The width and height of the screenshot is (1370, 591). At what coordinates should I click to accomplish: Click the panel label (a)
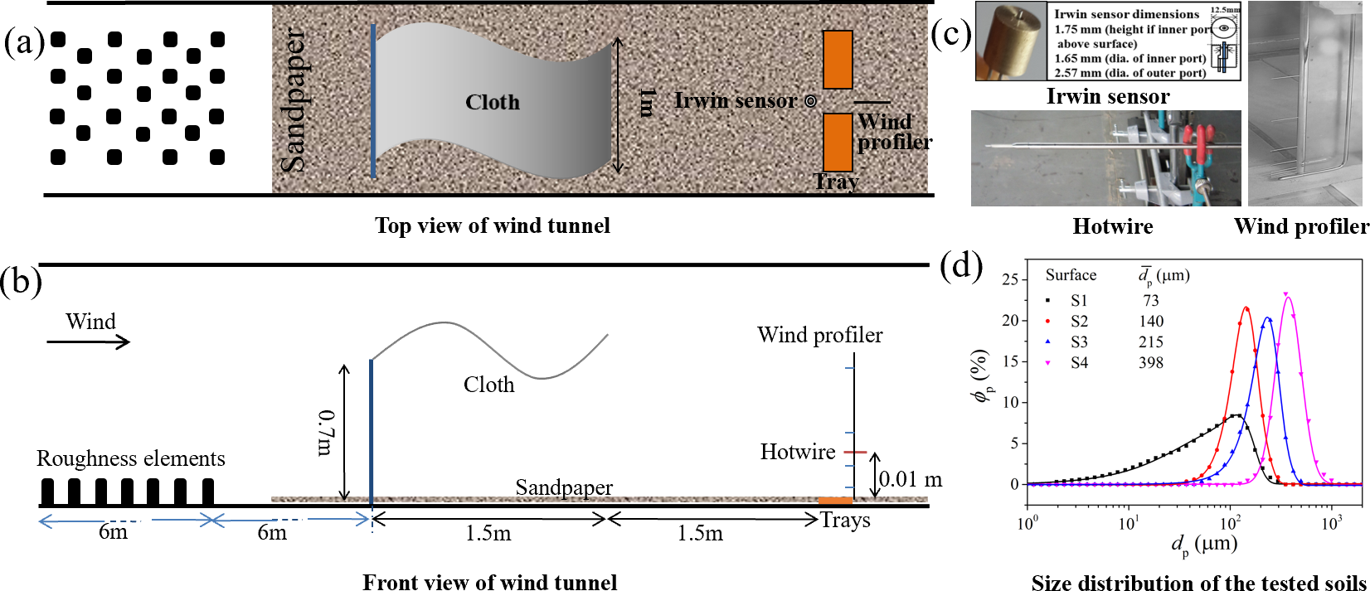tap(23, 41)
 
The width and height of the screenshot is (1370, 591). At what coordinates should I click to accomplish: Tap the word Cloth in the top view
tap(493, 102)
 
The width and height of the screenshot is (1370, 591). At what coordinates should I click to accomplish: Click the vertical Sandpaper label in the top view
tap(293, 101)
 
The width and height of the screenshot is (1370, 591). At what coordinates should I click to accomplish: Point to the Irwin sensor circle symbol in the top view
tap(810, 101)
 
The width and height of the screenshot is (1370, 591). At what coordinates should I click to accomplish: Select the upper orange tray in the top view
tap(838, 60)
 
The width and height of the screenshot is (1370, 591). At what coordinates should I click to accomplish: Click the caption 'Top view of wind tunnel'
tap(492, 225)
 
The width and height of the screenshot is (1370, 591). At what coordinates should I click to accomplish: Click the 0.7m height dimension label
tap(325, 432)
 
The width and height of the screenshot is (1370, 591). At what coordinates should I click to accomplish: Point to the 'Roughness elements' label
tap(130, 458)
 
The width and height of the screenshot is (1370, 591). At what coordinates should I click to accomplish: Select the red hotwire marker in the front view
tap(855, 452)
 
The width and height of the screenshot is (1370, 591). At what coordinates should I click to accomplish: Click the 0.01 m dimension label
tap(910, 479)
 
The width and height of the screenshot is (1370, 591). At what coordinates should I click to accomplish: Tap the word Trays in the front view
tap(845, 520)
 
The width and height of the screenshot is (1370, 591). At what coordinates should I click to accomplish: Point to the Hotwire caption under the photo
tap(1112, 226)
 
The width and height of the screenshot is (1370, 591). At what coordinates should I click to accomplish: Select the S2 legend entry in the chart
tap(1079, 321)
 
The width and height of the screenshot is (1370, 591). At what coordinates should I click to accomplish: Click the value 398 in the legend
tap(1150, 362)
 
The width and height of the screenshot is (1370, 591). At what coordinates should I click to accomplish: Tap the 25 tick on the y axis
tap(1009, 279)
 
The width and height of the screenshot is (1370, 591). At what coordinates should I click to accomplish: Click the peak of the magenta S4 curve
tap(1287, 295)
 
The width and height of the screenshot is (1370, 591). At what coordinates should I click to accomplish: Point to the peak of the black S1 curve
tap(1236, 414)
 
